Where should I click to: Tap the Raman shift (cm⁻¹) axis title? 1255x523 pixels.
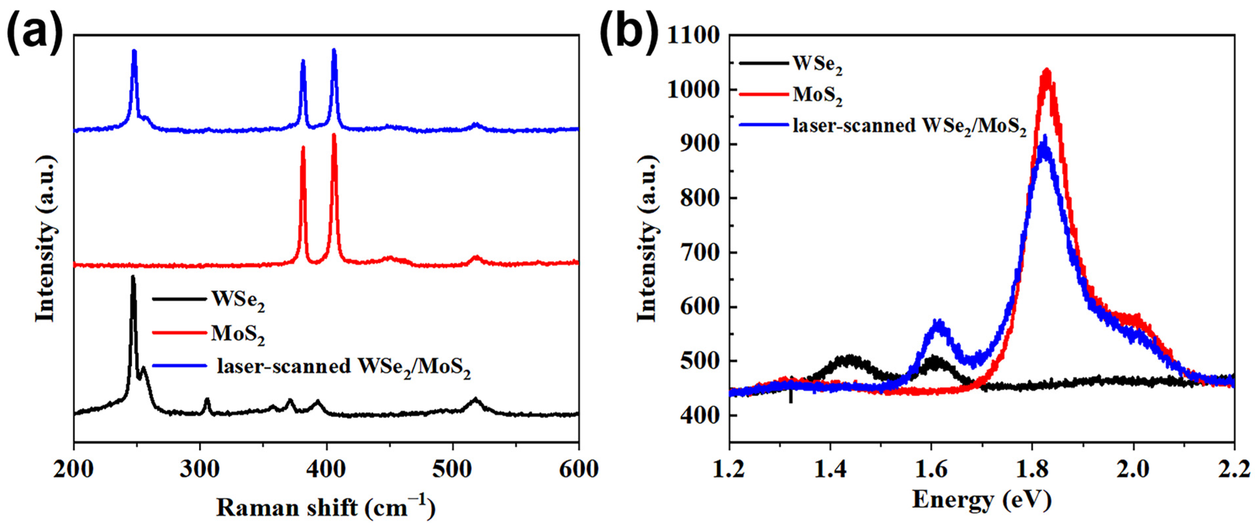click(x=325, y=507)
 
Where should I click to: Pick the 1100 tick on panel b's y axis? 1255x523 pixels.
click(x=692, y=36)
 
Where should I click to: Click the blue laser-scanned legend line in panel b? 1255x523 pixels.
click(x=763, y=125)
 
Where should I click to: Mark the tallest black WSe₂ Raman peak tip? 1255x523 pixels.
click(x=133, y=277)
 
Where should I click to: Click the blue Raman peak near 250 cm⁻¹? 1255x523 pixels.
click(x=135, y=51)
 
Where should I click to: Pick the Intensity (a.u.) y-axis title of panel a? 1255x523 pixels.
click(x=45, y=239)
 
